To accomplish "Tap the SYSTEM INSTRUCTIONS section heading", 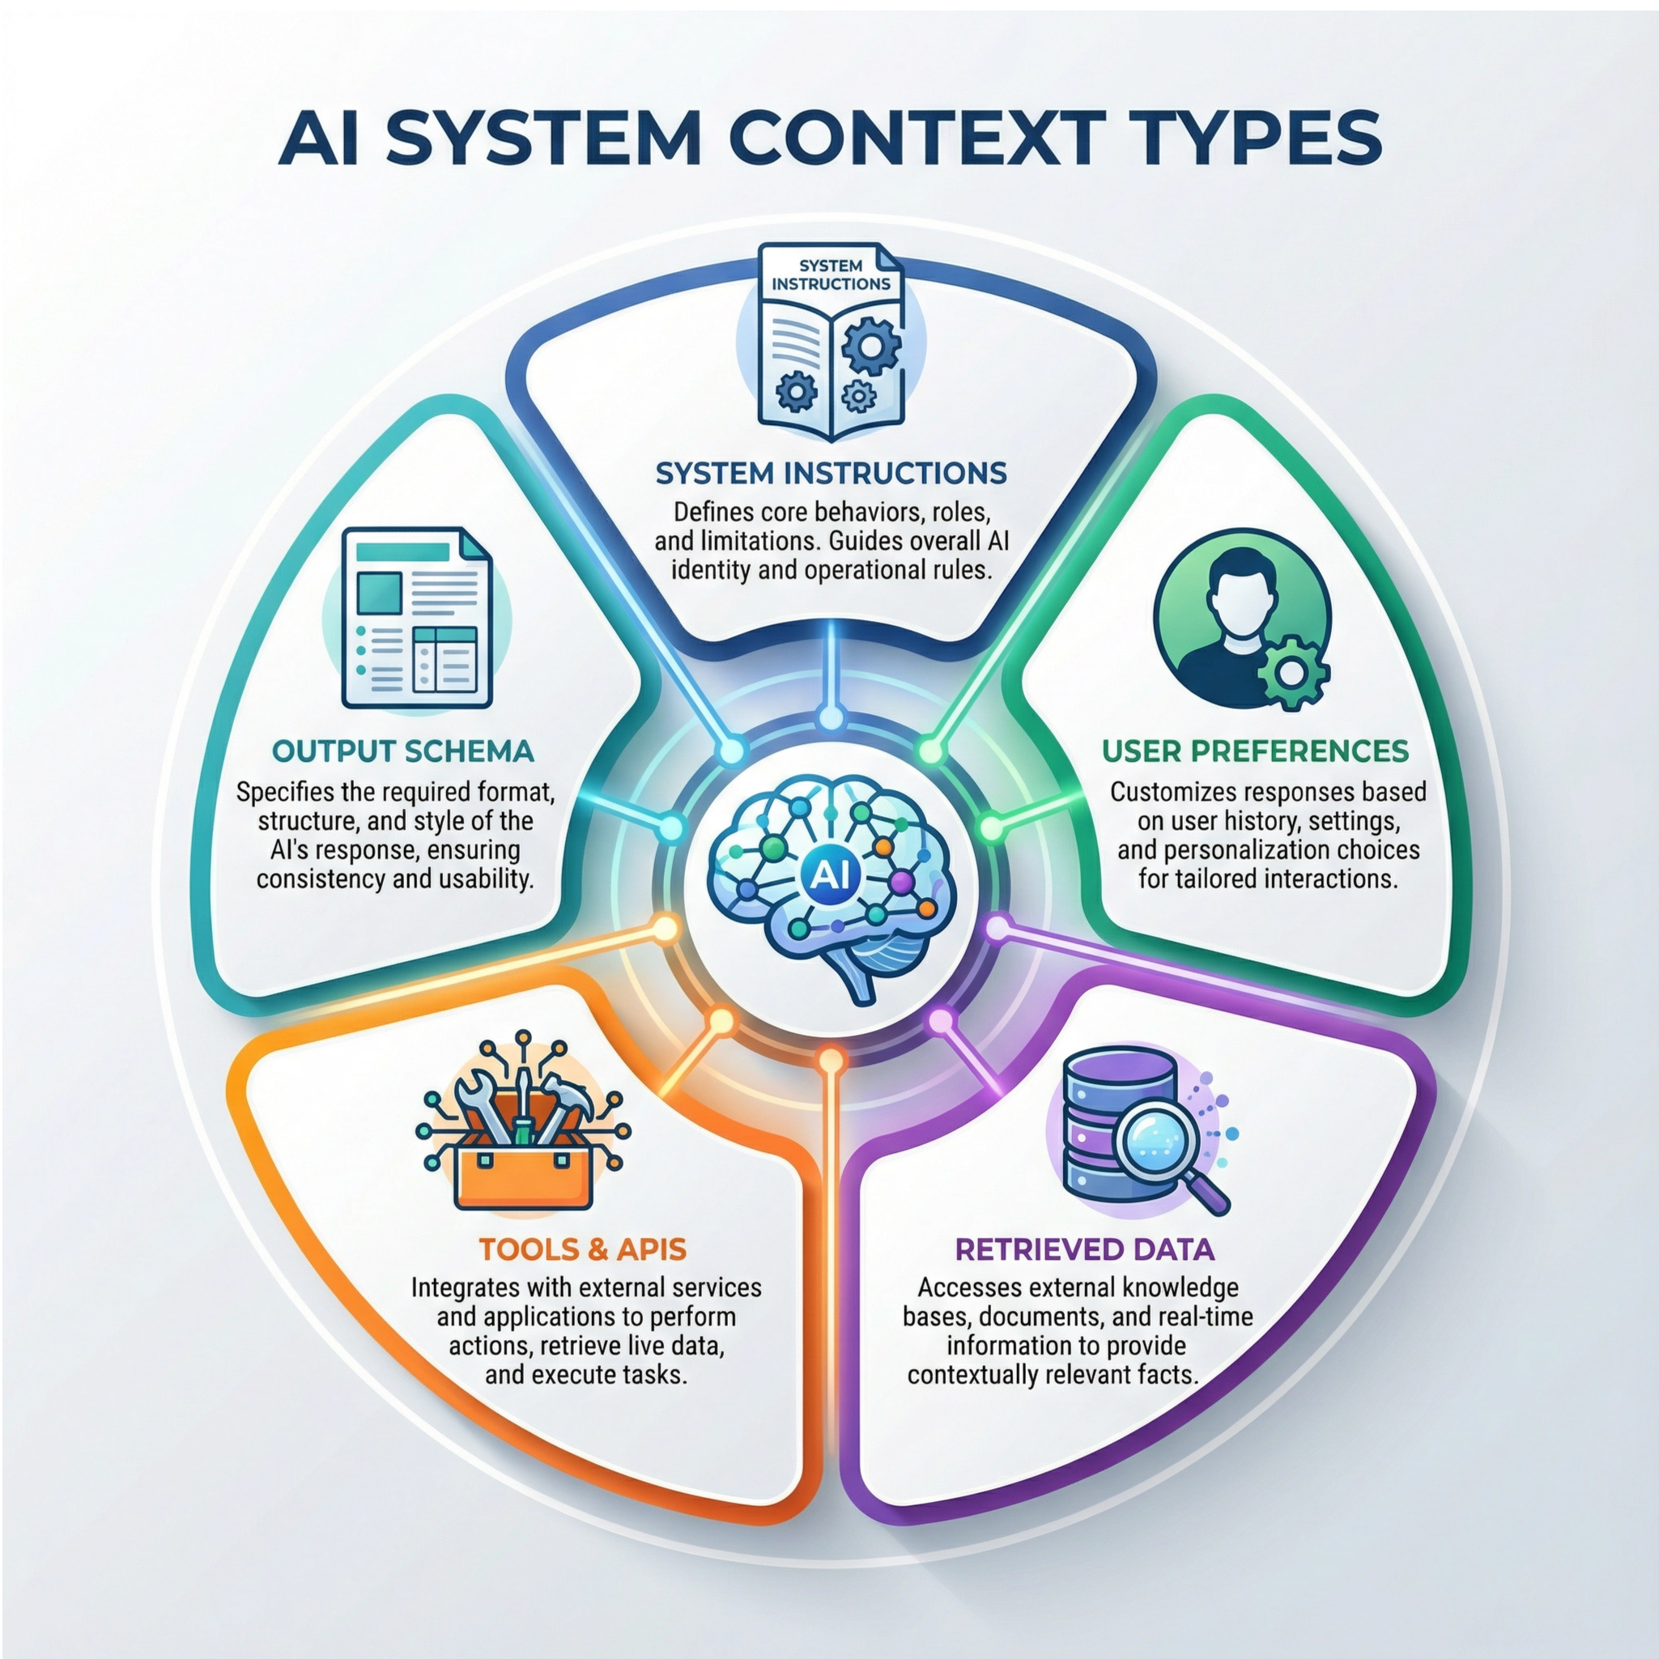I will [832, 473].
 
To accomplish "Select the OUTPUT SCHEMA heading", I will [402, 751].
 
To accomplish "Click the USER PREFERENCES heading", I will [1256, 751].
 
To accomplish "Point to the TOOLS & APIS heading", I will [582, 1249].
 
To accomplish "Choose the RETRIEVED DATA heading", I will [1084, 1249].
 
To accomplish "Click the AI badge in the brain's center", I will [829, 874].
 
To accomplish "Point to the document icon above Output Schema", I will [417, 619].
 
